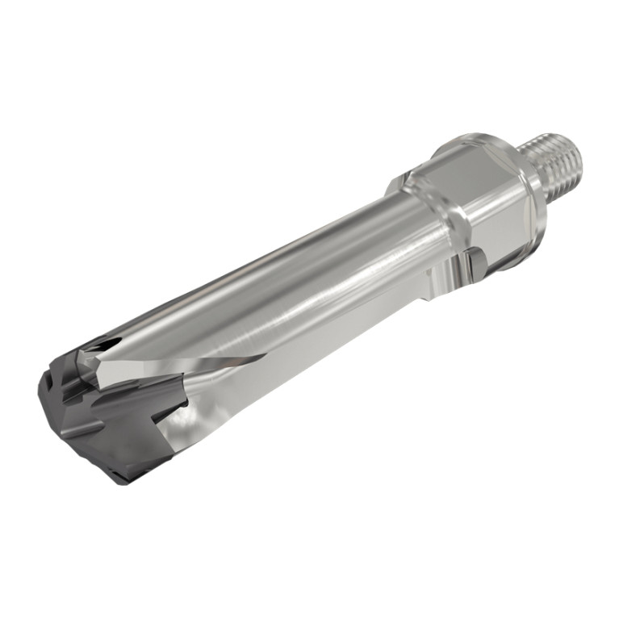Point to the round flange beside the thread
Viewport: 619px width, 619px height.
pos(529,194)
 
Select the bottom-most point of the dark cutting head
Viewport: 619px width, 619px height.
pos(121,483)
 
